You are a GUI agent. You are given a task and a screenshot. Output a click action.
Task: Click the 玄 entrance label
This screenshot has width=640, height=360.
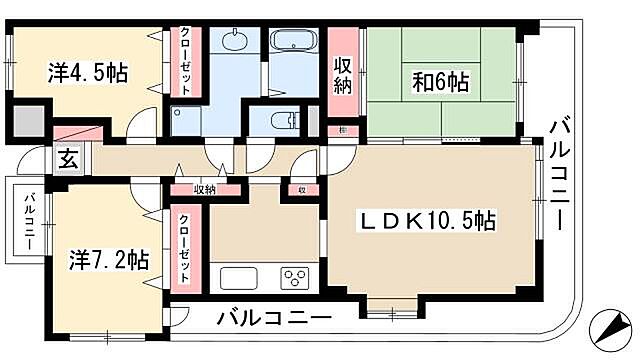pos(65,158)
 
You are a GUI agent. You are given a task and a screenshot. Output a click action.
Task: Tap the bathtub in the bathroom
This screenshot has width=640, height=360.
pos(293,46)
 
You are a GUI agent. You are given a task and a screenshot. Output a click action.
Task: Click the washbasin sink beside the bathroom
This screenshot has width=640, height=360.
pos(235,42)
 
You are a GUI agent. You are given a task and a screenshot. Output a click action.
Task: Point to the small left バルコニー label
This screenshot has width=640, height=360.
pos(30,219)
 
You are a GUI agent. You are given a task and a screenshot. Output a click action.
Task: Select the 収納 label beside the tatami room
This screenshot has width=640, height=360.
pos(342,76)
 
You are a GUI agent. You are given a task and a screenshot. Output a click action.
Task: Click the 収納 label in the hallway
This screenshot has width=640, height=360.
pos(205,188)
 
